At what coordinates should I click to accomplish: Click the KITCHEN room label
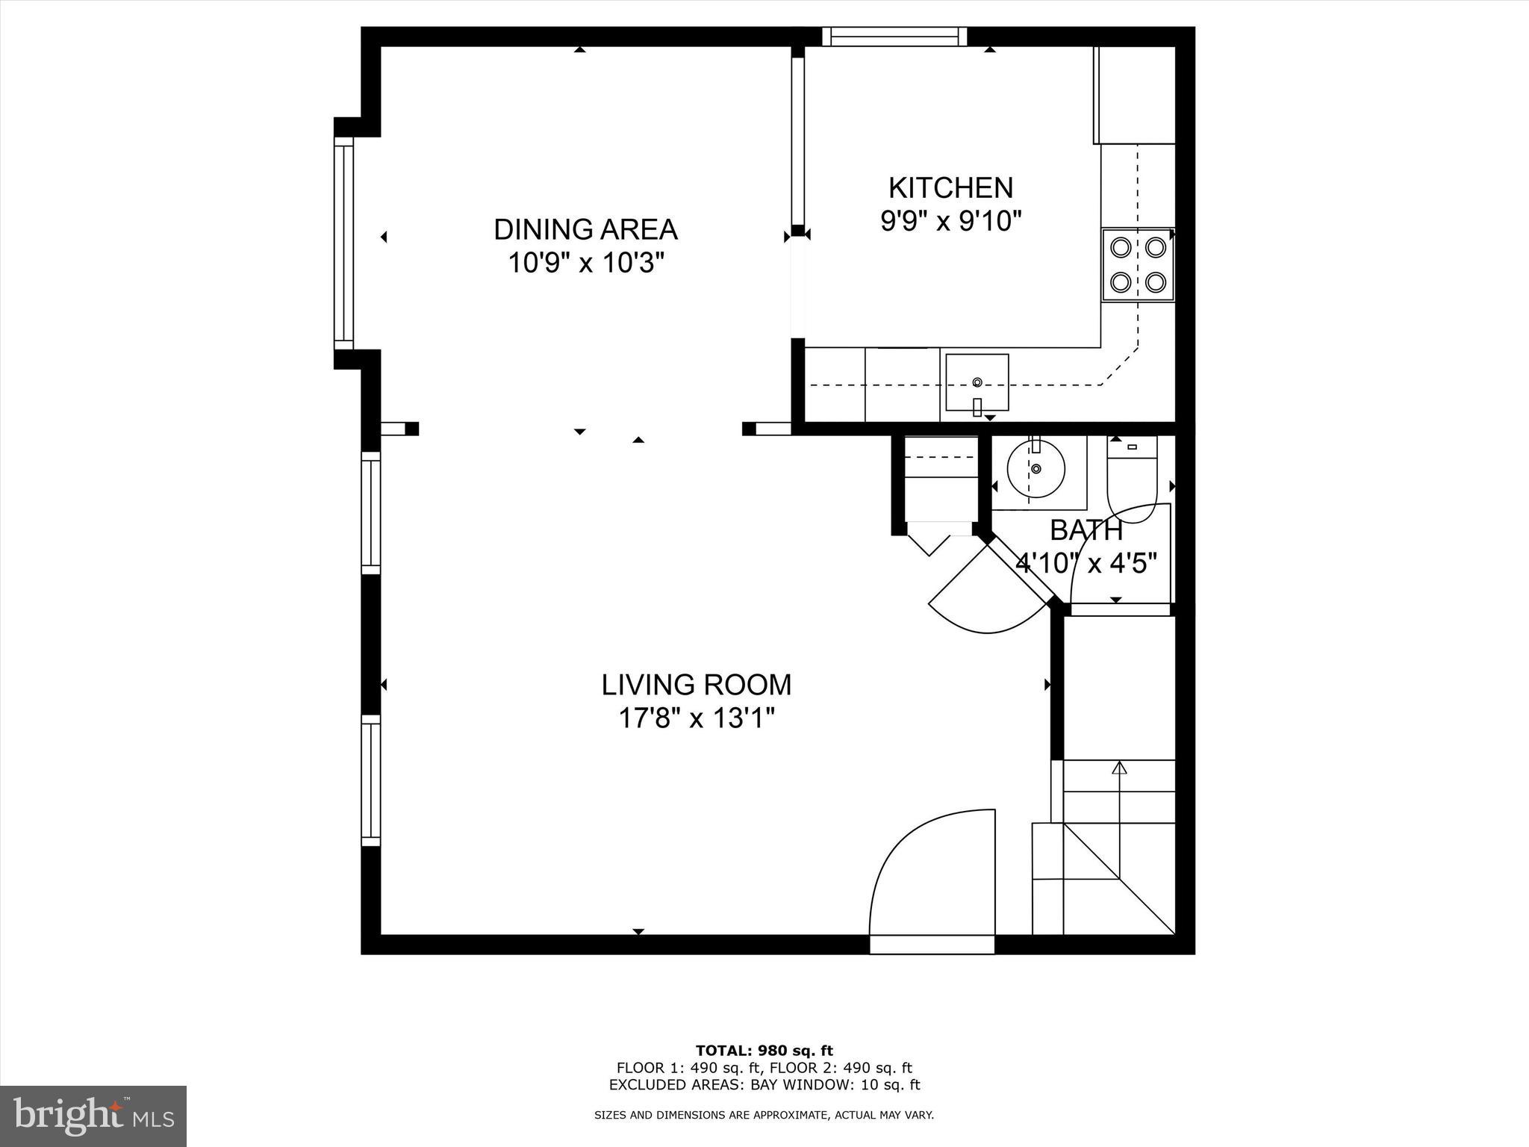tap(950, 187)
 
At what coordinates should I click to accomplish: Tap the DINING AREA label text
tap(585, 229)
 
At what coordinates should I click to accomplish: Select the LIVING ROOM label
tap(697, 685)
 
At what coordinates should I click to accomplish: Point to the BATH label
tap(1086, 530)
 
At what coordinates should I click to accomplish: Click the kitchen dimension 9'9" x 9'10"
tap(950, 221)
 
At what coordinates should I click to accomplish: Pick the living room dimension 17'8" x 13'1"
tap(697, 718)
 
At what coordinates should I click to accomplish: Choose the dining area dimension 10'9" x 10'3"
tap(585, 263)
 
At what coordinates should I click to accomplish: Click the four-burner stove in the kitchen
tap(1138, 264)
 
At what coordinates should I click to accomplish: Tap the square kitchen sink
tap(977, 382)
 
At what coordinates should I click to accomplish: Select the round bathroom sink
tap(1036, 469)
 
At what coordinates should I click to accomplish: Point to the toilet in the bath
tap(1132, 478)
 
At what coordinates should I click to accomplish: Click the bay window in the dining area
tap(343, 243)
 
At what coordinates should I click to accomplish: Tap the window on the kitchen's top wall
tap(894, 37)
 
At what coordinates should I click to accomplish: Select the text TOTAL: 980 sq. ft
tap(764, 1051)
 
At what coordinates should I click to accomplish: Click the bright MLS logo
tap(93, 1116)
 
